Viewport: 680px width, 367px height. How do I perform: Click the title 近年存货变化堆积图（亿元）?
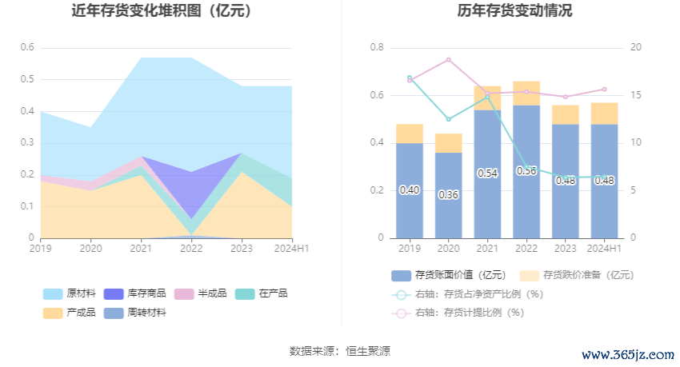pos(162,11)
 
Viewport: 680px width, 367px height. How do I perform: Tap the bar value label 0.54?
pos(487,173)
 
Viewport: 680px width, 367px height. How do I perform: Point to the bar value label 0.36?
pos(449,195)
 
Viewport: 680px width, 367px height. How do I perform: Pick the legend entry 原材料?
pos(71,293)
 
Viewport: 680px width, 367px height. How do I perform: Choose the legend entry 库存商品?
pos(135,293)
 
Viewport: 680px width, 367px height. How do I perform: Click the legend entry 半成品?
pos(202,293)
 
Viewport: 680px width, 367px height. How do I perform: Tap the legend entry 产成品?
pos(71,313)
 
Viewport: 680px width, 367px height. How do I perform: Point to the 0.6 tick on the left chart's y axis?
pos(27,47)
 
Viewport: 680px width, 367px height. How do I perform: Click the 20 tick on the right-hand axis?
pos(636,47)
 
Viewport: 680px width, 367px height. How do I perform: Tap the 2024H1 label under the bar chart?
pos(604,249)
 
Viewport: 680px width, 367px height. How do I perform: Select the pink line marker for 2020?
pos(449,60)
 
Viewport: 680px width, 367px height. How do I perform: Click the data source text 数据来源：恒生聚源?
pos(340,351)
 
